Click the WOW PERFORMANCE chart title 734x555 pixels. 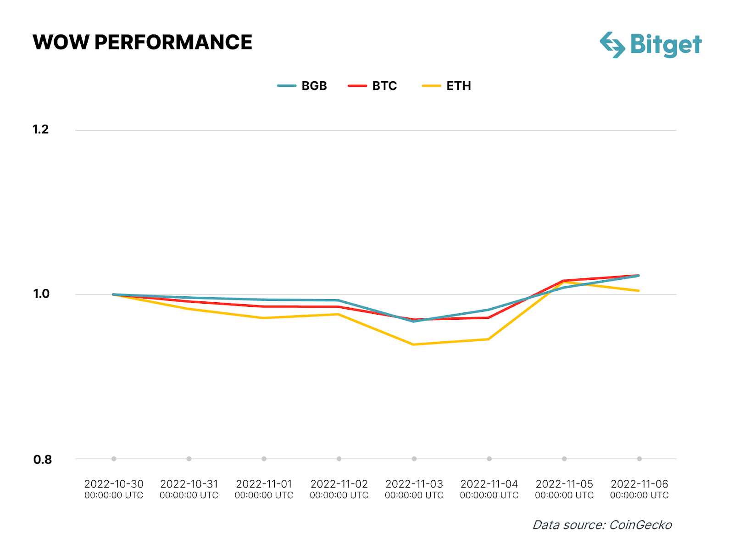coord(142,42)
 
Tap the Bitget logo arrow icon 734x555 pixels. coord(612,45)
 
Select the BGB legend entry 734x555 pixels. coord(303,86)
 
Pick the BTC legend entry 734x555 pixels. coord(373,86)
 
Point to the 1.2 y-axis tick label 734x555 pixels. coord(41,129)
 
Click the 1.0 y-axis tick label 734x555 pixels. coord(41,294)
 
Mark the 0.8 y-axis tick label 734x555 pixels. coord(42,459)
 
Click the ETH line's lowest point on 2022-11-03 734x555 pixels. coord(414,344)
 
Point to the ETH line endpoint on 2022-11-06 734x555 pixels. coord(639,291)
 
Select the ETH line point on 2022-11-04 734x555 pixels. coord(489,339)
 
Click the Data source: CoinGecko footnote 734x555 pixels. coord(602,525)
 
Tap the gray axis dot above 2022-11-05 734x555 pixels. coord(564,459)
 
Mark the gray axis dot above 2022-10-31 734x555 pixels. coord(189,459)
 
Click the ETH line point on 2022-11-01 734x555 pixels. coord(264,318)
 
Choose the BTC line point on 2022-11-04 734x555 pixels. coord(489,317)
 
